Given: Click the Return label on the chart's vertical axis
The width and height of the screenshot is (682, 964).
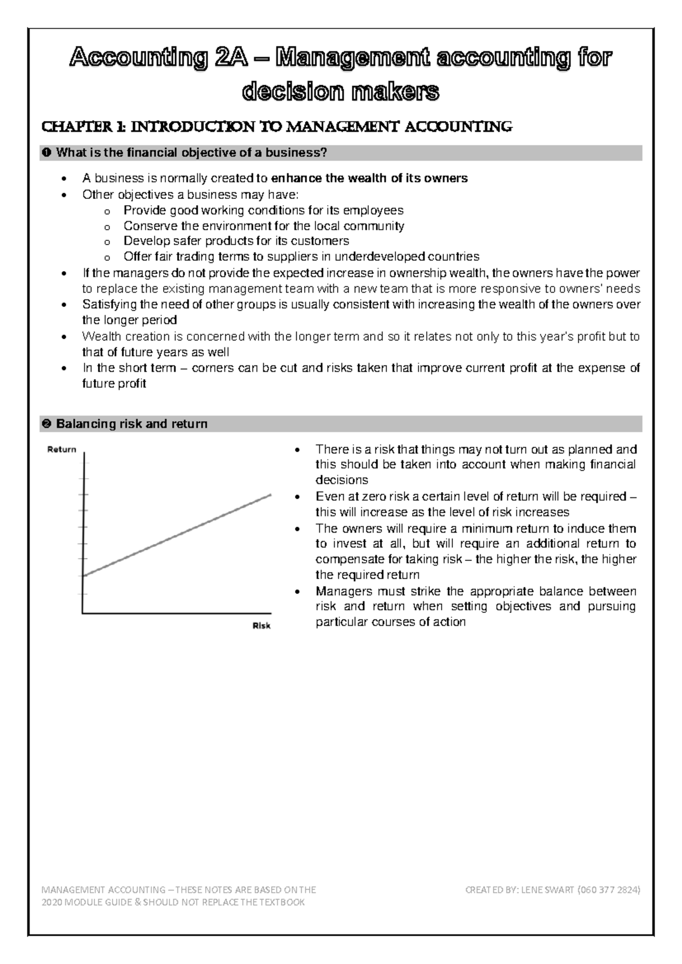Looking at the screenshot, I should [61, 449].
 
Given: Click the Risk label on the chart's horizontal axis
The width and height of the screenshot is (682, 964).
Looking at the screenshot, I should [261, 626].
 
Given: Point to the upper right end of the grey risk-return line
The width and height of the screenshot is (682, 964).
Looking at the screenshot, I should [271, 495].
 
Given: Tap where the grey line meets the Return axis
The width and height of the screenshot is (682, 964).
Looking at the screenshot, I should [84, 576].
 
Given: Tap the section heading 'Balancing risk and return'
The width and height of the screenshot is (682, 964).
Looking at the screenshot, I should [131, 424].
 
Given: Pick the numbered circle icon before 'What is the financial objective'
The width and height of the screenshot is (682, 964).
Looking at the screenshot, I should [47, 153].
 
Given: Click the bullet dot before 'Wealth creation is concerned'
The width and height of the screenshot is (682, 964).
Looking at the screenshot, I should [63, 336].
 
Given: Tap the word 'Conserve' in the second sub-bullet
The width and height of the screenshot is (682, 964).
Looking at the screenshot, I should [147, 226].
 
